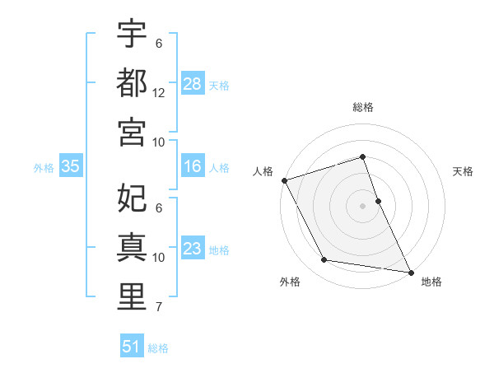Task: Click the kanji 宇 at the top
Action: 132,35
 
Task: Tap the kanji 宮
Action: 132,132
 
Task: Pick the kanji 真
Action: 132,247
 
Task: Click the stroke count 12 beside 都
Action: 159,92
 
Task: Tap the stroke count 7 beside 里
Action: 159,307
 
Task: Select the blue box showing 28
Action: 193,84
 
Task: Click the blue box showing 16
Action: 193,167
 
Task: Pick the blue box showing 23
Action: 193,249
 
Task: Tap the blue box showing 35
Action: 71,167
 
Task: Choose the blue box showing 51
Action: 132,347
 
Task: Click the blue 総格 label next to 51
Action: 158,348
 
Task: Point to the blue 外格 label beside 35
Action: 44,168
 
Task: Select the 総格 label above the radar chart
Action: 363,108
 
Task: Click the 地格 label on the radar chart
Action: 431,282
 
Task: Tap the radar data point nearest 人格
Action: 285,180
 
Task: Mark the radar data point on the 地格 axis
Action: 410,271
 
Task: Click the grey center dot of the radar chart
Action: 362,205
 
